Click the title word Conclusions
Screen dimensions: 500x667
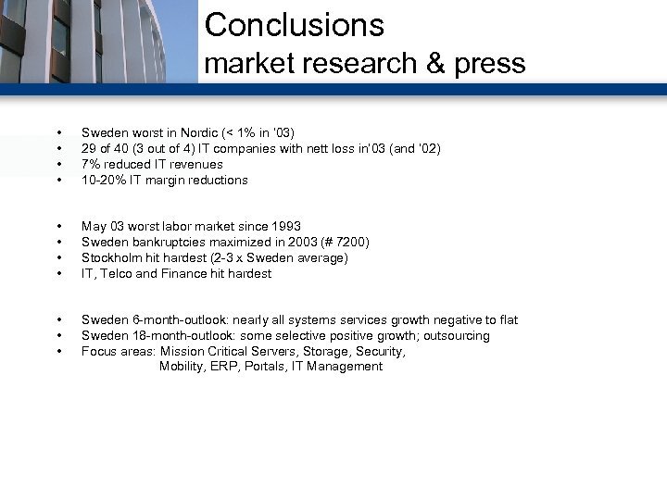(x=294, y=25)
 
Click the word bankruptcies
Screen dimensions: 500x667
(x=165, y=243)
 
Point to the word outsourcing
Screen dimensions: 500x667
(x=457, y=336)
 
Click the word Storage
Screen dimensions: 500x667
(x=321, y=352)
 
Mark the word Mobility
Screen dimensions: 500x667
(x=182, y=367)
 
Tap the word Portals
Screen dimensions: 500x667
(x=248, y=367)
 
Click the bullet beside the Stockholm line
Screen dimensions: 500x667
(x=58, y=258)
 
